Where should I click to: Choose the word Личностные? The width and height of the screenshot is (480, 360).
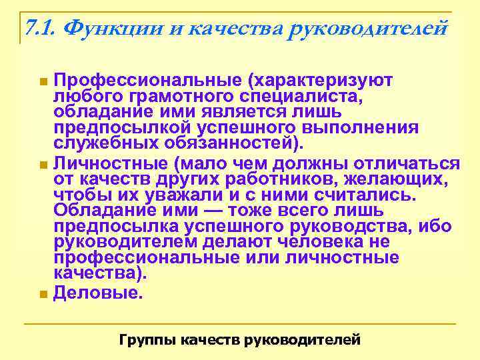pos(109,163)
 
